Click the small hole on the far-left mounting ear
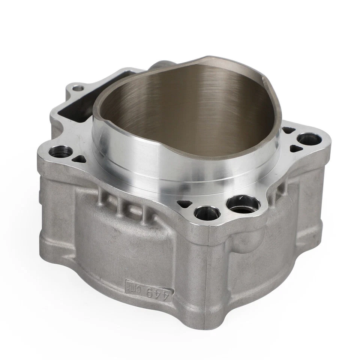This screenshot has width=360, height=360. pyautogui.click(x=78, y=88)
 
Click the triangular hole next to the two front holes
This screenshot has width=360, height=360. pyautogui.click(x=183, y=204)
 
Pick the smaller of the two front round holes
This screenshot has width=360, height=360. pyautogui.click(x=205, y=213)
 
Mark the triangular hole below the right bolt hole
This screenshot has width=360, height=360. pyautogui.click(x=295, y=148)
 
